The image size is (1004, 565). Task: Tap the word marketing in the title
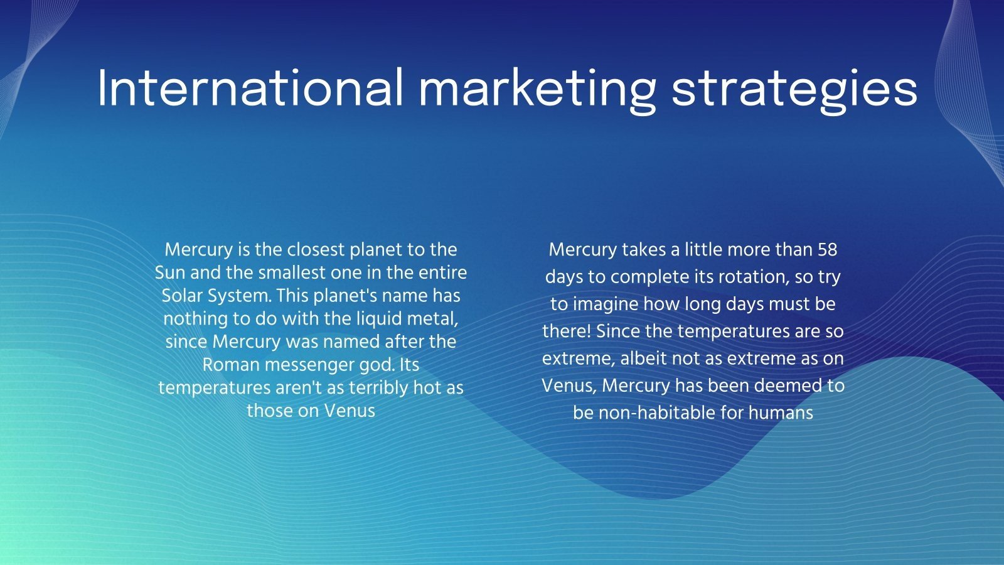coord(537,89)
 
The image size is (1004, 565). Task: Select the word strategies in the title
coord(794,89)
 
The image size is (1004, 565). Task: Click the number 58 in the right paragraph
coord(827,250)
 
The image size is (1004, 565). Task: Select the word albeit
coord(644,358)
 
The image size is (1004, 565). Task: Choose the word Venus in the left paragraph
coord(350,411)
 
